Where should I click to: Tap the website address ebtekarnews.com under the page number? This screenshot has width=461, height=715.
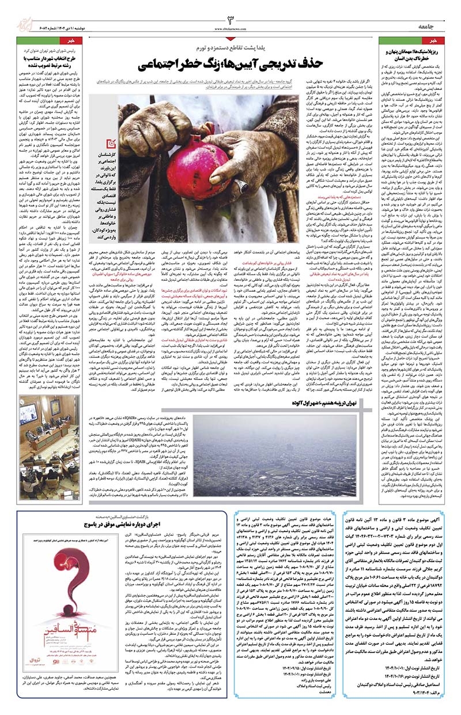(x=231, y=28)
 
